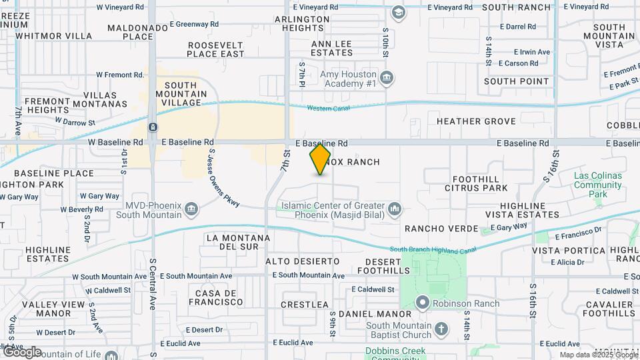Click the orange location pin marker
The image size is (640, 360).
tap(320, 159)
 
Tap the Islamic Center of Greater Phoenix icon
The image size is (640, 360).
tap(395, 210)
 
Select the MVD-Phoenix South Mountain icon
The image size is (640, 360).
tap(191, 210)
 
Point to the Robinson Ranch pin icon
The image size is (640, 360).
tap(423, 303)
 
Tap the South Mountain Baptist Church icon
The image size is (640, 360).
tap(441, 329)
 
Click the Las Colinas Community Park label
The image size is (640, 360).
tap(598, 185)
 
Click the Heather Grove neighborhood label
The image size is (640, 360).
tap(476, 121)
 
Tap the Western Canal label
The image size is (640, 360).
tap(329, 109)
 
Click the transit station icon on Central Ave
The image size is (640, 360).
tap(153, 127)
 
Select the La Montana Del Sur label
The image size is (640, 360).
tap(238, 242)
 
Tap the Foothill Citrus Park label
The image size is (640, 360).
tap(480, 184)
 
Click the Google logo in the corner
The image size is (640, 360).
tap(22, 351)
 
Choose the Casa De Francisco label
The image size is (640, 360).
tap(219, 297)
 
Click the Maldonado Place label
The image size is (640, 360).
tap(139, 32)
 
